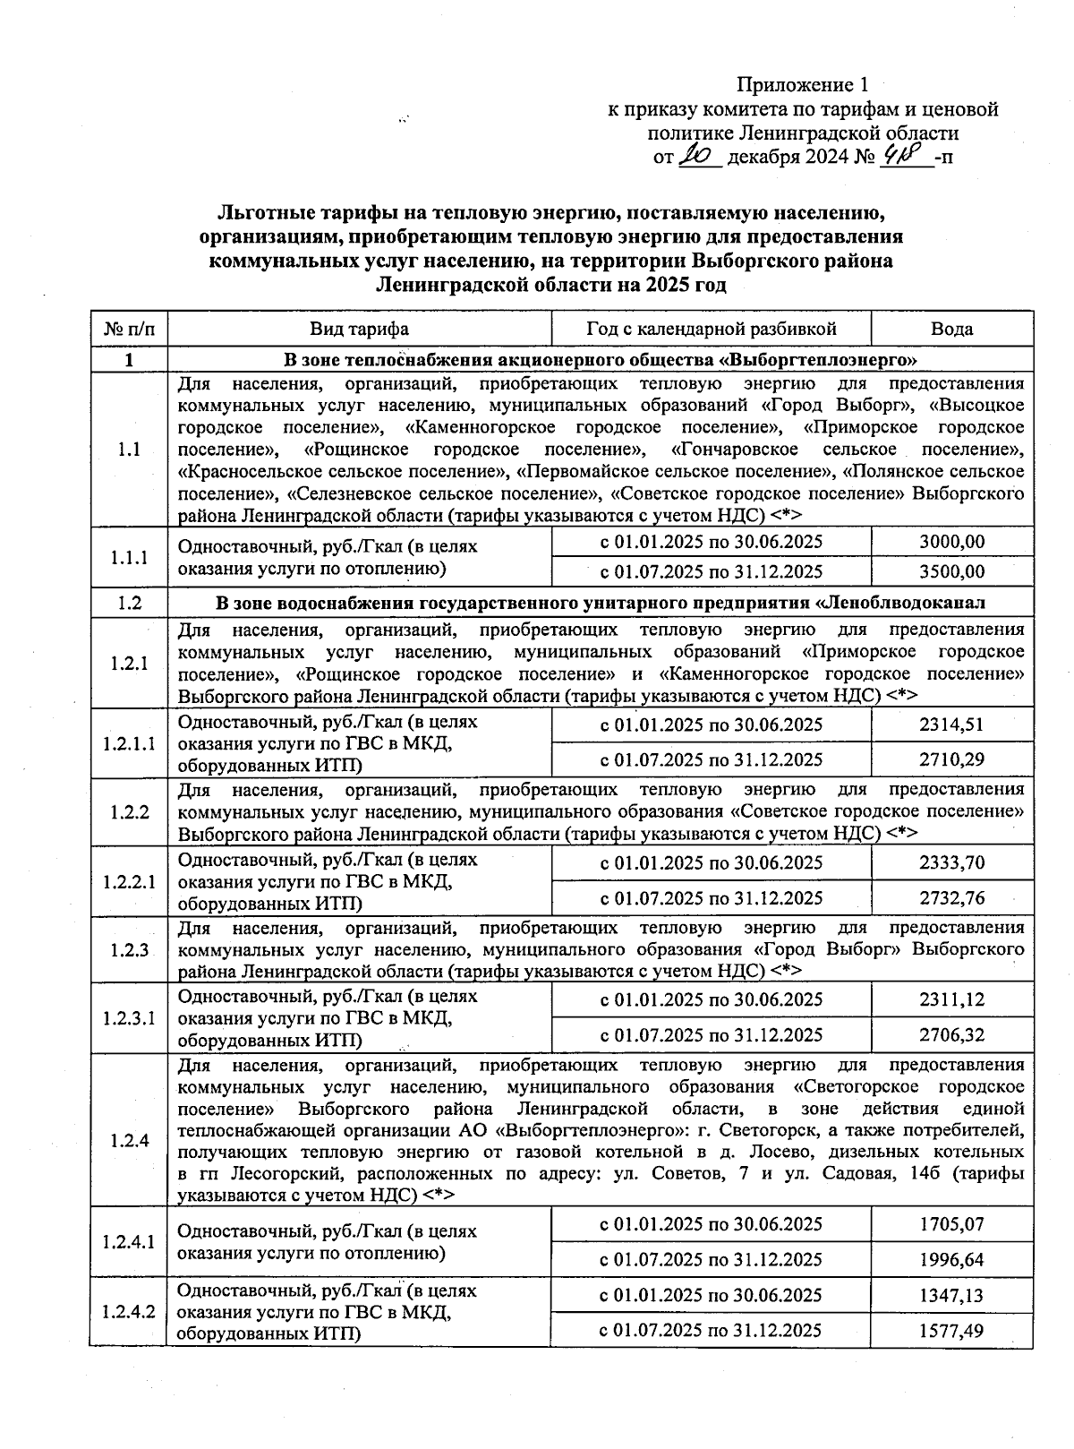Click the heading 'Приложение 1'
(x=802, y=85)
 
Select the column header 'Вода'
(x=951, y=329)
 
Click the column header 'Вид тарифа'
(x=359, y=329)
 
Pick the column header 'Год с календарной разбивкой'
(x=711, y=329)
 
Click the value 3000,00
(x=951, y=542)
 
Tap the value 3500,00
(x=951, y=571)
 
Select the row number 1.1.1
(x=129, y=557)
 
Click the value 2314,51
(x=951, y=724)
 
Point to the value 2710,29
(x=951, y=759)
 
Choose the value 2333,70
(x=951, y=862)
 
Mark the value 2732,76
(x=951, y=897)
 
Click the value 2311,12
(x=951, y=999)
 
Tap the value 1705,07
(x=951, y=1224)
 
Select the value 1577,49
(x=951, y=1330)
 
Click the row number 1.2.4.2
(x=129, y=1312)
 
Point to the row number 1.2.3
(x=129, y=949)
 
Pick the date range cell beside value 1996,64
(x=711, y=1259)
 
